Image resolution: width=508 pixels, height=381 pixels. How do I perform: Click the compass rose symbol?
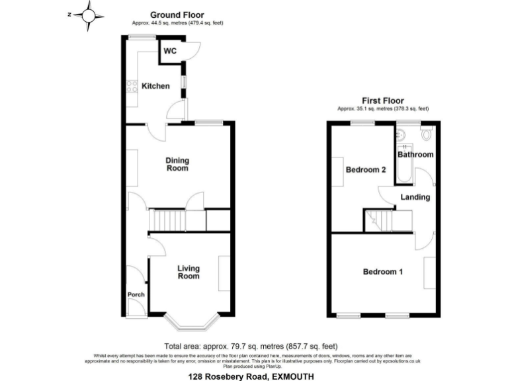coord(89,15)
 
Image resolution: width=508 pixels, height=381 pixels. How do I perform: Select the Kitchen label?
coord(156,86)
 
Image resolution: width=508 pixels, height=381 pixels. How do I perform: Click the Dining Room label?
coord(177,164)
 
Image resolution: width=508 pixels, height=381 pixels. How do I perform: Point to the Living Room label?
coord(189,272)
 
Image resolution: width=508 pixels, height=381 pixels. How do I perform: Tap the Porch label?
coord(136,294)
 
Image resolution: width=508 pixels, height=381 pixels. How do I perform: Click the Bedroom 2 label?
coord(366,170)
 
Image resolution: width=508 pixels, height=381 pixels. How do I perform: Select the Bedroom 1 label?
coord(383,272)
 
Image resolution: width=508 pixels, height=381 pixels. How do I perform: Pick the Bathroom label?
coord(415,155)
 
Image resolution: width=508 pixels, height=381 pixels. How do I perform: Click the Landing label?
coord(415,197)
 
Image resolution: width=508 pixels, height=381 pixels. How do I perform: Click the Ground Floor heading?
coord(177,14)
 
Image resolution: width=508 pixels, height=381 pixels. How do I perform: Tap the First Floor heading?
coord(383,101)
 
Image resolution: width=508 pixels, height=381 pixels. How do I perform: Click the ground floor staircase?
coord(168,219)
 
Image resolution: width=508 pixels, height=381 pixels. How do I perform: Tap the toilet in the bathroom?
coord(427,136)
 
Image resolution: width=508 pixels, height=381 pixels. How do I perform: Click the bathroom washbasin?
coord(402,136)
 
